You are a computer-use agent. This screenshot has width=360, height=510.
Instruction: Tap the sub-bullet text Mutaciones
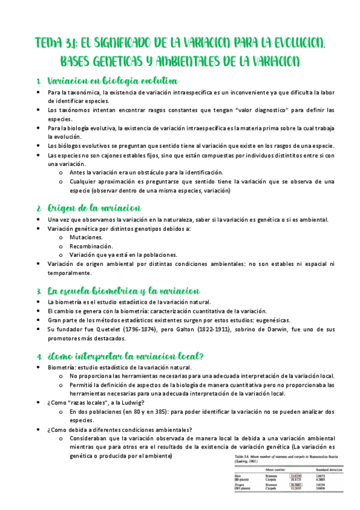(x=87, y=238)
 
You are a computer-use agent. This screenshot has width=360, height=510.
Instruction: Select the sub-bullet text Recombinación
(x=91, y=246)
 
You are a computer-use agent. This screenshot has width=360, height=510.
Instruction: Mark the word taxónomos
(x=69, y=111)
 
